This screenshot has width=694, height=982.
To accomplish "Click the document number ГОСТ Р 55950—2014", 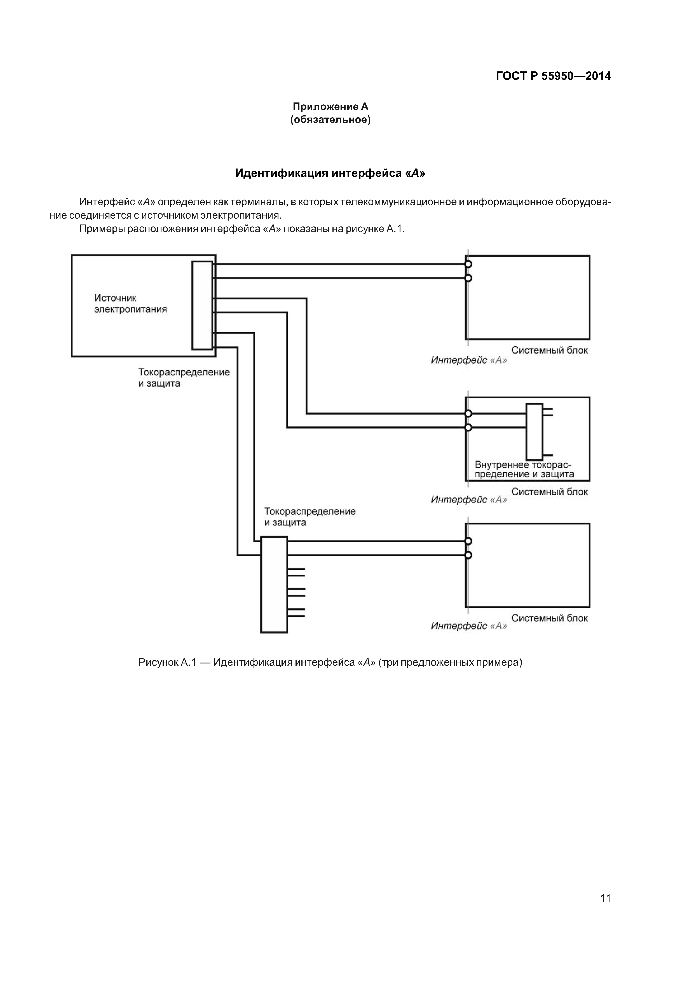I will click(x=553, y=76).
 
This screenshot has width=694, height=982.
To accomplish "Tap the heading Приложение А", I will click(x=330, y=106).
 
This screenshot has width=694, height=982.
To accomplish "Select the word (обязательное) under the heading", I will click(x=330, y=120).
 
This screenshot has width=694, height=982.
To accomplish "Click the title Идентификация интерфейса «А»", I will click(x=330, y=173).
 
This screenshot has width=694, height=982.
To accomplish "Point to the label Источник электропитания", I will click(x=130, y=304).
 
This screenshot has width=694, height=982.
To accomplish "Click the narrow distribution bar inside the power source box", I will click(x=202, y=305).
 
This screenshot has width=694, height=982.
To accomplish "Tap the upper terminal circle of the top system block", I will click(x=468, y=264).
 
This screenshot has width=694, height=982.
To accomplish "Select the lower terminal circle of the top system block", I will click(x=468, y=279).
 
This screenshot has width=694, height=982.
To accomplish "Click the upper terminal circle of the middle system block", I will click(x=468, y=413).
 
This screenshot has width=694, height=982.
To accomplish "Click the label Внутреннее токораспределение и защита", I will click(x=524, y=470).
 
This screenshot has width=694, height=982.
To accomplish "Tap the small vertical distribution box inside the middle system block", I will click(x=534, y=432).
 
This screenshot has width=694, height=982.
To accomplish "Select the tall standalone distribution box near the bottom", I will click(x=274, y=585).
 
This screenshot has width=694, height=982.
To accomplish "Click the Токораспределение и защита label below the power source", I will click(x=184, y=378).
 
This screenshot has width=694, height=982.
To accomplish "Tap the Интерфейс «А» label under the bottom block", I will click(x=469, y=626).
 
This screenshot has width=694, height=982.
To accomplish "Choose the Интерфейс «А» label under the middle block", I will click(x=469, y=500).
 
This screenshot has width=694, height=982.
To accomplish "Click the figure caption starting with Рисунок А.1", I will click(x=330, y=663).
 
